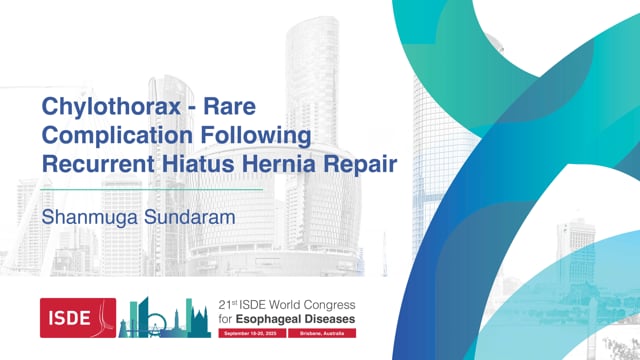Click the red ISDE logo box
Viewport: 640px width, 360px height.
tap(77, 317)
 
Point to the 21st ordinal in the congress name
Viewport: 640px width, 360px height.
tap(229, 305)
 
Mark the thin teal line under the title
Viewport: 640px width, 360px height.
tap(150, 188)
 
